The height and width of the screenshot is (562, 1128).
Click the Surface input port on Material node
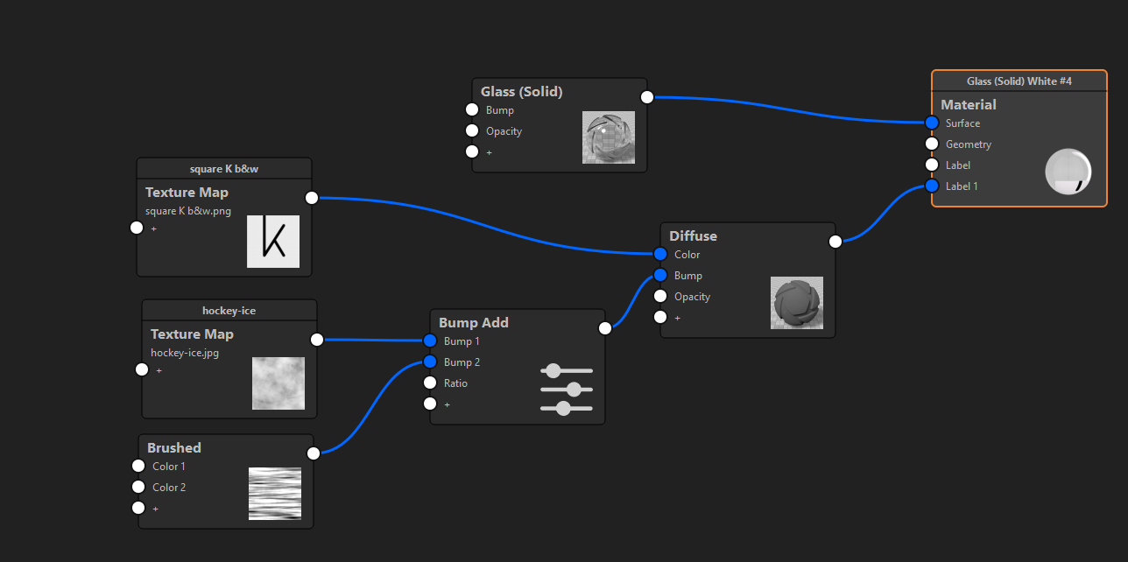[932, 123]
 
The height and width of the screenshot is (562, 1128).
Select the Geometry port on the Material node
[932, 144]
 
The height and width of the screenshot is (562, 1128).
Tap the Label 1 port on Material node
[932, 186]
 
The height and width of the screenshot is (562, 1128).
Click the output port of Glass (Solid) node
[647, 97]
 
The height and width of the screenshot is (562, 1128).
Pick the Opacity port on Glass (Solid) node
[472, 131]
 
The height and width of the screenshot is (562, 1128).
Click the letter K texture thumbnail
[273, 241]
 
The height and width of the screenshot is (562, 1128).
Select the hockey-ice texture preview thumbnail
[278, 383]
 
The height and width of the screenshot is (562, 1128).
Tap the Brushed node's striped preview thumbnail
[275, 494]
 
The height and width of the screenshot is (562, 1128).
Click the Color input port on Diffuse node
[660, 255]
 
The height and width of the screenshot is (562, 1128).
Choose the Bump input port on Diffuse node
[660, 276]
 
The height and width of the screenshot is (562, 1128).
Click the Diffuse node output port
[835, 242]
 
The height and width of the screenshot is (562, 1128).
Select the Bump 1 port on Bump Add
[430, 341]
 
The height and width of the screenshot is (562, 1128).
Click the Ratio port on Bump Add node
[430, 383]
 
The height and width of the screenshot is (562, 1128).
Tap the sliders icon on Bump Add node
[567, 390]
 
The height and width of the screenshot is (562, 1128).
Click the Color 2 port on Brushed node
[138, 488]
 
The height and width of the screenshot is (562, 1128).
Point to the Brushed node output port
[314, 453]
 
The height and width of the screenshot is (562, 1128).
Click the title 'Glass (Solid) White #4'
[1019, 81]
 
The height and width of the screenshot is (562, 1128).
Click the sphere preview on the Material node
[1068, 172]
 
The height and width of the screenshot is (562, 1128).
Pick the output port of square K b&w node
[312, 198]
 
